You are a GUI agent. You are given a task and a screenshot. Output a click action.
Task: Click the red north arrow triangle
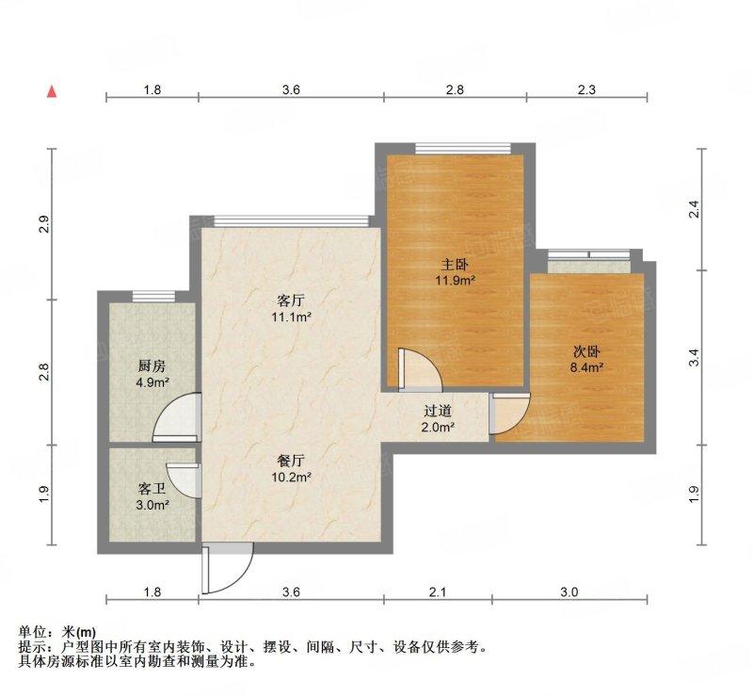click(52, 91)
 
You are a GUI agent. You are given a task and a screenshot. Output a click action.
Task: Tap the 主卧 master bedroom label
click(455, 265)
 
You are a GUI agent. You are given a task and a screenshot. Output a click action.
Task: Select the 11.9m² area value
click(456, 280)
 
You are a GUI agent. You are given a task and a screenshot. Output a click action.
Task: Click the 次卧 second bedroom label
click(586, 352)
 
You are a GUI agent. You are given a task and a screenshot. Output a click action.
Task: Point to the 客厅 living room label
click(291, 300)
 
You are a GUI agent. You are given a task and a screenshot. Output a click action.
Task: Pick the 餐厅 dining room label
click(291, 461)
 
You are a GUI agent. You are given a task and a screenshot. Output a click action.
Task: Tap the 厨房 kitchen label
click(152, 366)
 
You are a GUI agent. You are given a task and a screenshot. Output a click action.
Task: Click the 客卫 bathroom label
click(152, 490)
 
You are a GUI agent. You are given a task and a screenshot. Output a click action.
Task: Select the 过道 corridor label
click(438, 411)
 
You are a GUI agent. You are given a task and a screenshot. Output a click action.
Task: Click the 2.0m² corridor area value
click(438, 427)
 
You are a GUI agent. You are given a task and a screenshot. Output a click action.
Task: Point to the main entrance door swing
click(227, 569)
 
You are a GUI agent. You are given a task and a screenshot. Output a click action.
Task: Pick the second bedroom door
click(510, 413)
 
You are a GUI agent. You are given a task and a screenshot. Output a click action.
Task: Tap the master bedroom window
click(462, 149)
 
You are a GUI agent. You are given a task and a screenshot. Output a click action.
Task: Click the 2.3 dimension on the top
click(586, 89)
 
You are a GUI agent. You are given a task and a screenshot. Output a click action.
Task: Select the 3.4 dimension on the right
click(694, 358)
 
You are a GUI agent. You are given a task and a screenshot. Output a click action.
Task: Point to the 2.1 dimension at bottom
click(438, 592)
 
